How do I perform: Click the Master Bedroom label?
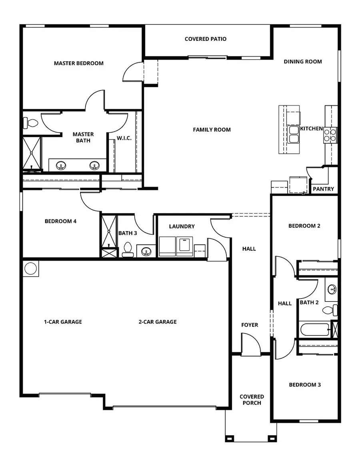coord(78,63)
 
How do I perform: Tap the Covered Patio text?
coord(206,39)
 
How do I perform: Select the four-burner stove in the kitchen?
coord(330,135)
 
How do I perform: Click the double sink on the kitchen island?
coord(293,134)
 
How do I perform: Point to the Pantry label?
coord(323,189)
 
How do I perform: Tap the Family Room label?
coord(212,130)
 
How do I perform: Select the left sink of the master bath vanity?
coord(61,165)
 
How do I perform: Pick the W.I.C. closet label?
coord(124,138)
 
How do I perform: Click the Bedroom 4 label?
coord(60,221)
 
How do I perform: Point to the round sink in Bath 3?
coord(146,252)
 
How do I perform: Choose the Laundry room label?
coord(182,227)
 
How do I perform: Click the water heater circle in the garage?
coord(31,268)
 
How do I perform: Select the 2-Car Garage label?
coord(158,322)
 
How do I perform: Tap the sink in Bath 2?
coord(332,289)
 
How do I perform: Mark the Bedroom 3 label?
coord(305,385)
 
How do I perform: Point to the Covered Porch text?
coord(252,400)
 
